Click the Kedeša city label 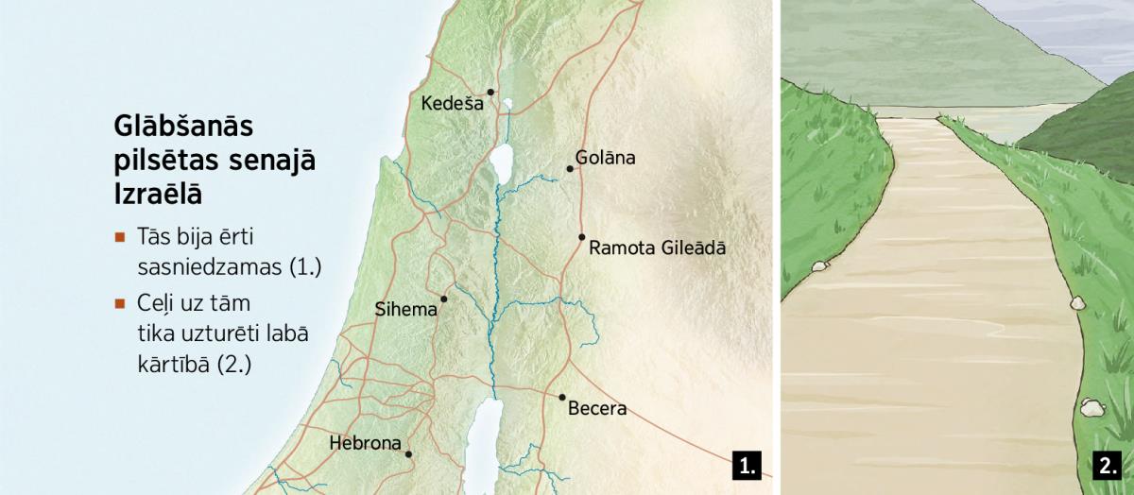452,104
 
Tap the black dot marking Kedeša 490,92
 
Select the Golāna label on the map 606,158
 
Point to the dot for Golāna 570,169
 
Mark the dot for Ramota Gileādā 581,237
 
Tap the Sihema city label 406,309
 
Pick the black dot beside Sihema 443,299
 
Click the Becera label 597,410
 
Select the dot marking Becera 561,398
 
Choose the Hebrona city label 365,443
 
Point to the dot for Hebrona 408,454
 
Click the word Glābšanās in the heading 184,127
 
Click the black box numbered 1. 747,466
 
